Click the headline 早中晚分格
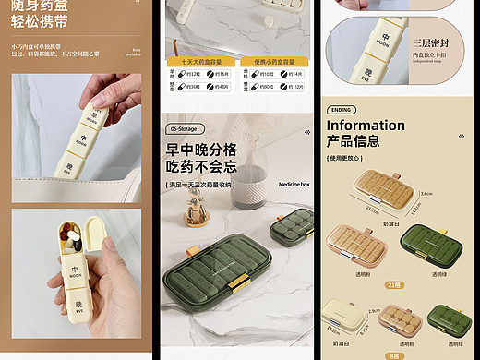click(201, 149)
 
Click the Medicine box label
click(294, 184)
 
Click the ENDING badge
click(342, 109)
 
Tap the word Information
click(366, 125)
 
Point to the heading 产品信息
click(353, 141)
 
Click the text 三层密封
click(430, 43)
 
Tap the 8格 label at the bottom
click(394, 354)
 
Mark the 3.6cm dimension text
click(426, 194)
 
